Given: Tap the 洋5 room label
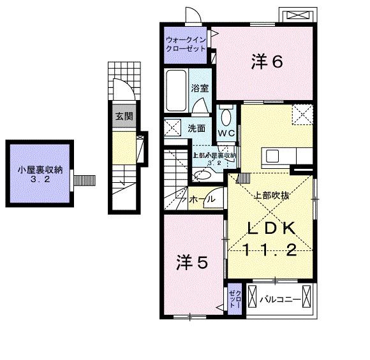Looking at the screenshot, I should (x=192, y=262).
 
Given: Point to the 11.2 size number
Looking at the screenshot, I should (x=270, y=250).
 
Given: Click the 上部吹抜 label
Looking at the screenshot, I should (x=272, y=196).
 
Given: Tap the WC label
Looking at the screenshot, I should (x=226, y=133).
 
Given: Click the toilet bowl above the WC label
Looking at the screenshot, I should (x=226, y=117).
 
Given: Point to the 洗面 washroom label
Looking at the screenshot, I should (x=196, y=128).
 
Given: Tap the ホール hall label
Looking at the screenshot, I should (x=202, y=200).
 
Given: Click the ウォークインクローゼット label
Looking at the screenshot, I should (x=186, y=43).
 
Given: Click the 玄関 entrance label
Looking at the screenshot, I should (x=124, y=117).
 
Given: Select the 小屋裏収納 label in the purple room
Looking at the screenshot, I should (x=40, y=169).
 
